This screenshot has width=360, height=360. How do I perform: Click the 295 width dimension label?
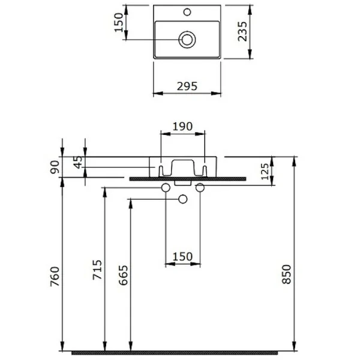coord(187,86)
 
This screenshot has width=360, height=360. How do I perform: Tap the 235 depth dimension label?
coord(242,31)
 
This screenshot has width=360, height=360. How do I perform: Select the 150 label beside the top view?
coord(119,23)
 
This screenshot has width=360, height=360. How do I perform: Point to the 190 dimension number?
coord(182,127)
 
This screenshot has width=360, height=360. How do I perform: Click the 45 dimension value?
coord(79,163)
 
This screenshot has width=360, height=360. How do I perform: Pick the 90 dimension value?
coord(55,167)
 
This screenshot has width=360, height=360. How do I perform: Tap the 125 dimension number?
coord(265,172)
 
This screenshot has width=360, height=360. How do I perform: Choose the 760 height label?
coord(55,277)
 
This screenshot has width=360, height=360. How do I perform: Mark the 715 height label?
coord(97,270)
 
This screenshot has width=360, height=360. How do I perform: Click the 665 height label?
coord(123,275)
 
